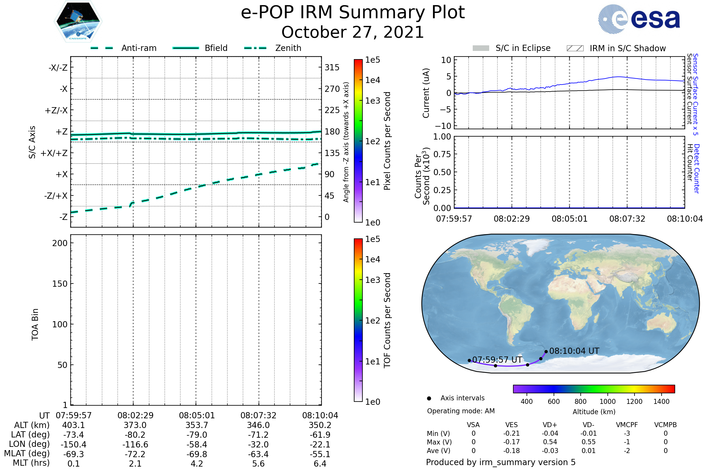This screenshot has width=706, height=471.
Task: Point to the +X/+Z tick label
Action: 54,153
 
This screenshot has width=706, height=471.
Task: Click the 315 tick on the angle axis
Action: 332,67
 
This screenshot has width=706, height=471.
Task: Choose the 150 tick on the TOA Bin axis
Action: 60,284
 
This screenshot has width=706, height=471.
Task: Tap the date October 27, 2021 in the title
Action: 353,32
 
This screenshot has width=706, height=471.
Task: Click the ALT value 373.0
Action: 135,425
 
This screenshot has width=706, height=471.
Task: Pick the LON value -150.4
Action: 74,445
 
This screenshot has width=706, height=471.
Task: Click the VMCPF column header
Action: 627,425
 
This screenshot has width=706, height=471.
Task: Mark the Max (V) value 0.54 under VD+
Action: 550,442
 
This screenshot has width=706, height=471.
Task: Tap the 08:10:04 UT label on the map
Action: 574,351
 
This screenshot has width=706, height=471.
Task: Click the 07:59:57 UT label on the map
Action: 497,360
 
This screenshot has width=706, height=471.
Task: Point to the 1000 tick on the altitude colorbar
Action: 607,402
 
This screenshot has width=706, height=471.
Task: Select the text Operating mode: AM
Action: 461,411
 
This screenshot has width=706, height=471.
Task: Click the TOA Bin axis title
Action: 35,324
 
